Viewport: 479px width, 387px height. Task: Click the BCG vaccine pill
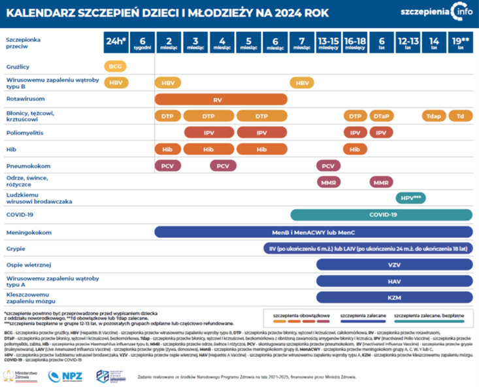tap(115, 67)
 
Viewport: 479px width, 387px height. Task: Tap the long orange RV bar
tap(220, 99)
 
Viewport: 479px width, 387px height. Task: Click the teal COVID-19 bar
tap(382, 214)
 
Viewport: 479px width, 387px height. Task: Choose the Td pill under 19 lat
tap(460, 116)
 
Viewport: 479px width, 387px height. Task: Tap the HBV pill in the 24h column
tap(116, 83)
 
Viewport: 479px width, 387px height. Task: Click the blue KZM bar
tap(393, 298)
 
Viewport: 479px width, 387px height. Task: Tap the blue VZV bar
tap(393, 265)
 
